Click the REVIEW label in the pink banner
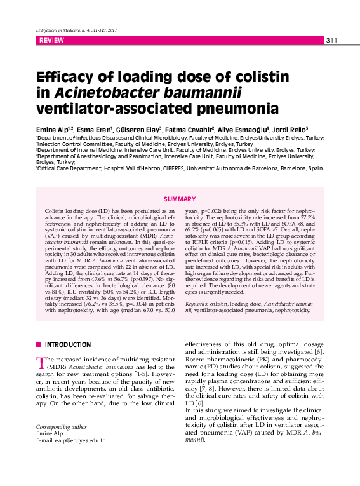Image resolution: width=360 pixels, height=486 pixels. point(51,41)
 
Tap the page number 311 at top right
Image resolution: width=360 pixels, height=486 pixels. point(331,41)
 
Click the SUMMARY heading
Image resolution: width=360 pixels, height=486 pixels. point(180,199)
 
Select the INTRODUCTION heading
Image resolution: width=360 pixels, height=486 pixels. point(68,344)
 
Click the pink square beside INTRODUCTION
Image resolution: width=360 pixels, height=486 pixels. point(38,344)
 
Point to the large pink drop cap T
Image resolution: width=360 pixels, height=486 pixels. point(41,362)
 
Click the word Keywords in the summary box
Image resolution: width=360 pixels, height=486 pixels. point(199,305)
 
